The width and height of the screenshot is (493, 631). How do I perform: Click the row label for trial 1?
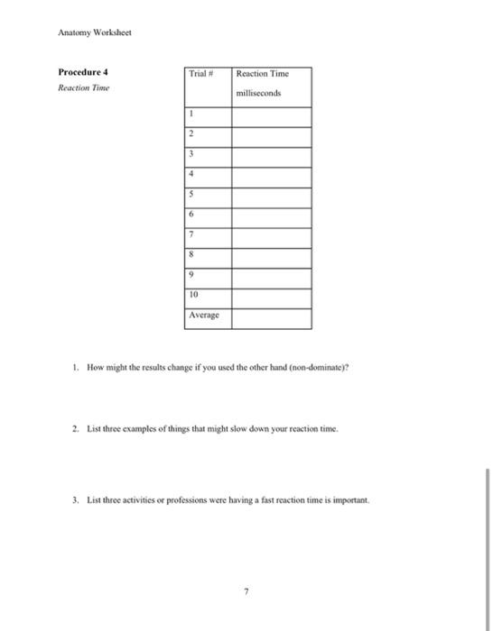coord(191,114)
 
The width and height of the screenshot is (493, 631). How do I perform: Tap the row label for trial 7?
coord(191,234)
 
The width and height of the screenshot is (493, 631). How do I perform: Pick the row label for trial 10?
coord(193,295)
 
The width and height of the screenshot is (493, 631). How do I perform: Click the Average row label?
coord(203,316)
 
